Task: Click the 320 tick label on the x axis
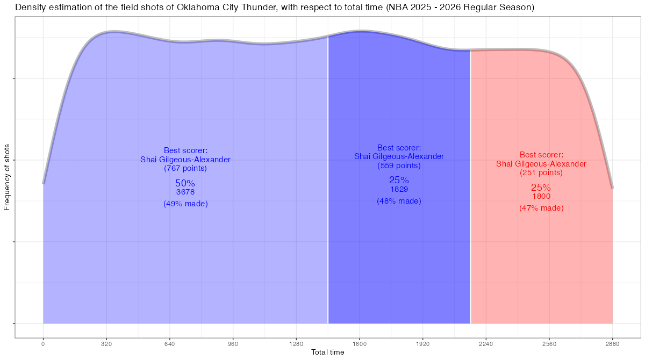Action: tap(106, 343)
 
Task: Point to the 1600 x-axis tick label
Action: tap(360, 343)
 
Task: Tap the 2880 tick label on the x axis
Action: tap(612, 343)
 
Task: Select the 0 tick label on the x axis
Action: tap(43, 343)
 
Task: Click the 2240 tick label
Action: tap(486, 343)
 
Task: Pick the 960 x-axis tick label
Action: tap(233, 343)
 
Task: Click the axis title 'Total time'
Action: tap(328, 352)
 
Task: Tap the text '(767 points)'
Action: tap(185, 168)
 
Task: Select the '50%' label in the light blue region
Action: tap(185, 183)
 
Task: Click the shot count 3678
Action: tap(185, 192)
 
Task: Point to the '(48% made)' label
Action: tap(399, 201)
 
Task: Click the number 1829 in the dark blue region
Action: tap(399, 189)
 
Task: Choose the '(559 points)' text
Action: tap(399, 165)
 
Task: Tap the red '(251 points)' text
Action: tap(541, 173)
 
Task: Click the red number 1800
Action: tap(541, 196)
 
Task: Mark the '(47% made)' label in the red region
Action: tap(541, 208)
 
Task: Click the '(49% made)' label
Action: tap(185, 204)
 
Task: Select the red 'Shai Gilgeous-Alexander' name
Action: tap(541, 164)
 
